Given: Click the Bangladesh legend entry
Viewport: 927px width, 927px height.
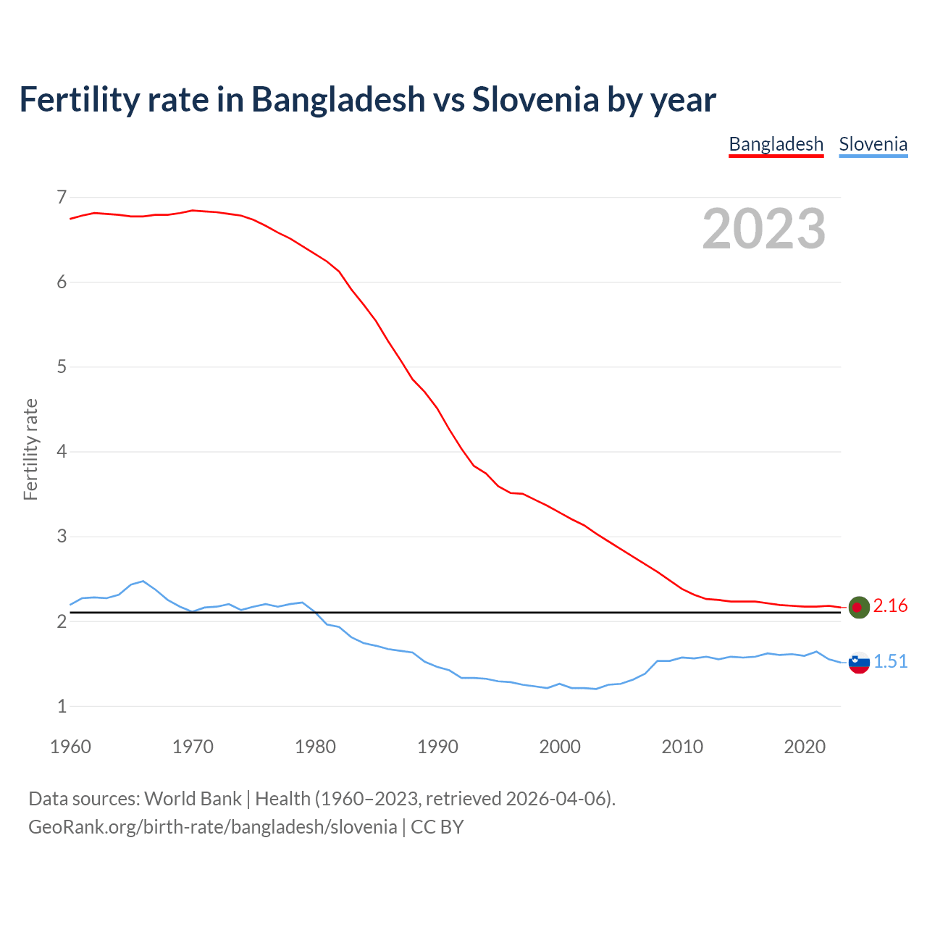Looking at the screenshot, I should (776, 144).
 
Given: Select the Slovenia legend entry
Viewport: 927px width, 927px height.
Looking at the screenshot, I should (873, 144).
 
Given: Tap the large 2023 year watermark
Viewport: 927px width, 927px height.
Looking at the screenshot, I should (763, 229).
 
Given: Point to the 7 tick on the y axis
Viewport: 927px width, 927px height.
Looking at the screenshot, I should (61, 197).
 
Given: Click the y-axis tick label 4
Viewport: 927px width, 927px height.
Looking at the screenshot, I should (61, 452).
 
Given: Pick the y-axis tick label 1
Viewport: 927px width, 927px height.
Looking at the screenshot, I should (61, 706).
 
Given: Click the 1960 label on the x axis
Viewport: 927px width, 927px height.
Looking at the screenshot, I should (70, 747).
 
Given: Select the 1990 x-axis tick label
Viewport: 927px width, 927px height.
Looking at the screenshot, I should (437, 747).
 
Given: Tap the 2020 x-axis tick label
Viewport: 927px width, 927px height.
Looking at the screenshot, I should (805, 747).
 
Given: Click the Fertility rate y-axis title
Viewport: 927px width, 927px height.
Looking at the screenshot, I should (30, 449).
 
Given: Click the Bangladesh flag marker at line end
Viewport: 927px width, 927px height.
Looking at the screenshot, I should (858, 607).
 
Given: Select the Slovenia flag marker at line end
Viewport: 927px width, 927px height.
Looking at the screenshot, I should (858, 662).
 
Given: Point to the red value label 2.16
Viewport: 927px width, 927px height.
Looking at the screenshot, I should (890, 606).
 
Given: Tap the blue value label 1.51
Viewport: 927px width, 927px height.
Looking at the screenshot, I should (890, 662).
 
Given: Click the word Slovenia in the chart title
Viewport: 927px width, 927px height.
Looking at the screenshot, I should (535, 99).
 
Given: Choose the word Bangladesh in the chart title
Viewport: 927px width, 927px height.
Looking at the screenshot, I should (338, 99).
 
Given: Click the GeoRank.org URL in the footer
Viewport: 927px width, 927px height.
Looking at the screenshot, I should (212, 827).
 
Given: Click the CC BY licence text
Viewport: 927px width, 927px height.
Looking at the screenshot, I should (437, 827).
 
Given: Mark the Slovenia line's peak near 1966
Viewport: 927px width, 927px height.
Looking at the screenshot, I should (143, 581).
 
